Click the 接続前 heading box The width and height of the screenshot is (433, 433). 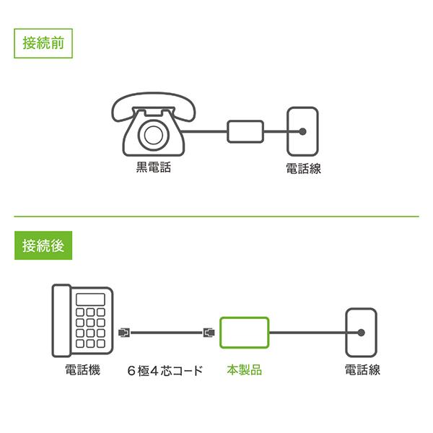43,43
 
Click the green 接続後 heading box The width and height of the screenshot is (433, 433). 43,245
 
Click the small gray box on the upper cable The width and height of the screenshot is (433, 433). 245,131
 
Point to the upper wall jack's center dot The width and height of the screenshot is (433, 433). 303,131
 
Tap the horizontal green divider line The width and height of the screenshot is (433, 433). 216,216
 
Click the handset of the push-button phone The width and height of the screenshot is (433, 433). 61,320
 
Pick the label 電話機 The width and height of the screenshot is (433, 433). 82,370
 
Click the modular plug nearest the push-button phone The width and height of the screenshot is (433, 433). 123,333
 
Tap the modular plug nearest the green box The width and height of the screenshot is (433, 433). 209,333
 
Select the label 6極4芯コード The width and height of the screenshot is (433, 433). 165,371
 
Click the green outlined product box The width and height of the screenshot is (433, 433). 245,333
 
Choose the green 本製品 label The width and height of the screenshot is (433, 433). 244,370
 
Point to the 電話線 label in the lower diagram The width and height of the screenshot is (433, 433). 362,370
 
